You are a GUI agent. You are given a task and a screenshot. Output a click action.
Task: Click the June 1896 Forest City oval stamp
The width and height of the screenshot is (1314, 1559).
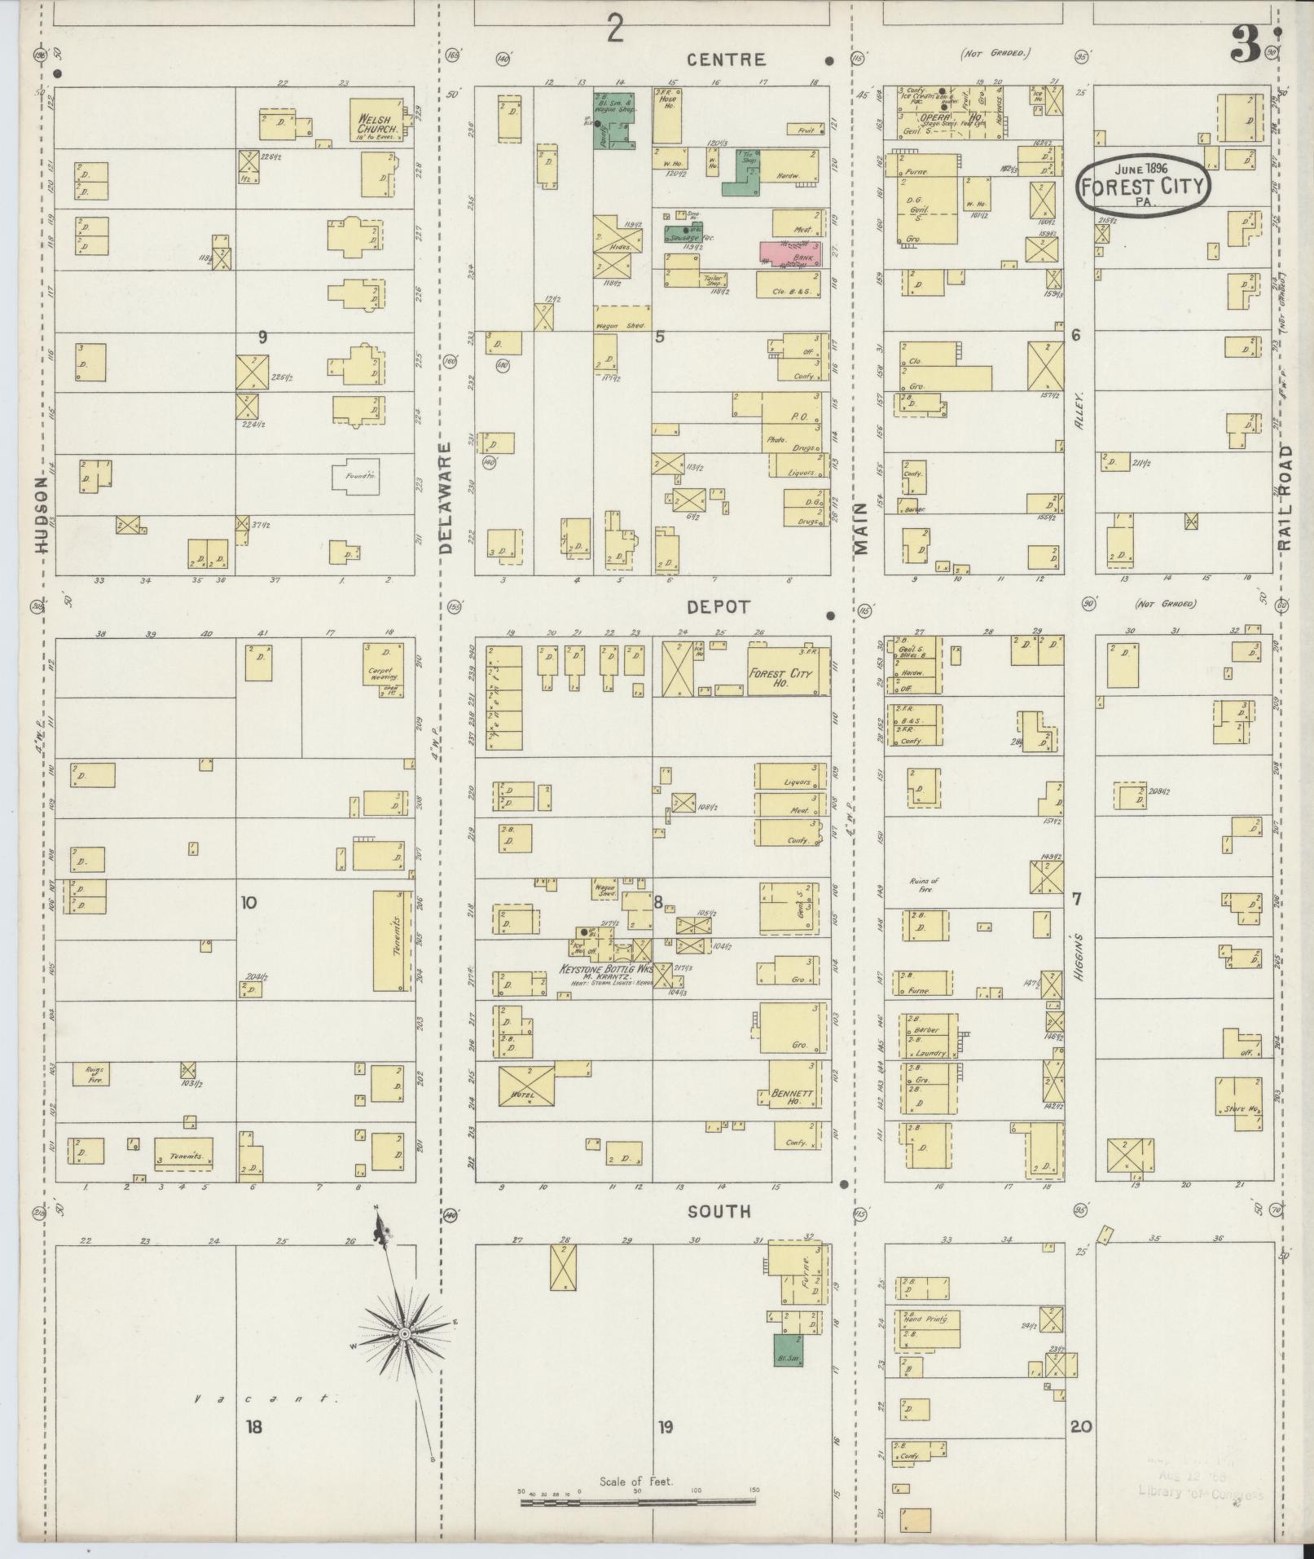1143,185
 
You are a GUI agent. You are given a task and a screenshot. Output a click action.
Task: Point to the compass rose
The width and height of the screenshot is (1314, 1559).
403,1334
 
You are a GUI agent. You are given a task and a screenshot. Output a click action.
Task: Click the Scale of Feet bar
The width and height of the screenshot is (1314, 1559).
638,1501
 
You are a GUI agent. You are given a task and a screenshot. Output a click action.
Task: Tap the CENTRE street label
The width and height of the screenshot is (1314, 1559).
726,59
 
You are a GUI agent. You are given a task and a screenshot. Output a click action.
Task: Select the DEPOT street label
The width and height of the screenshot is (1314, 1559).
718,607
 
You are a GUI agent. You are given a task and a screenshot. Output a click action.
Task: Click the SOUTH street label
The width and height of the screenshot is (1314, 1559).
719,1212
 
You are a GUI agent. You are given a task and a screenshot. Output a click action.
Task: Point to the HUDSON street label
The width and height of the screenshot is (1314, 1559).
43,515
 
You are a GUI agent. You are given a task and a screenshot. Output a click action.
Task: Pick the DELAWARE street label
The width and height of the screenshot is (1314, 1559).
446,499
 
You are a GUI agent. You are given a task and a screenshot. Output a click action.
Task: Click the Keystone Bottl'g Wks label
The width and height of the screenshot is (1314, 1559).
606,970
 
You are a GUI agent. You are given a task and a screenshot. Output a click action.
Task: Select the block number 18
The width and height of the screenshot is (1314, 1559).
254,1427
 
